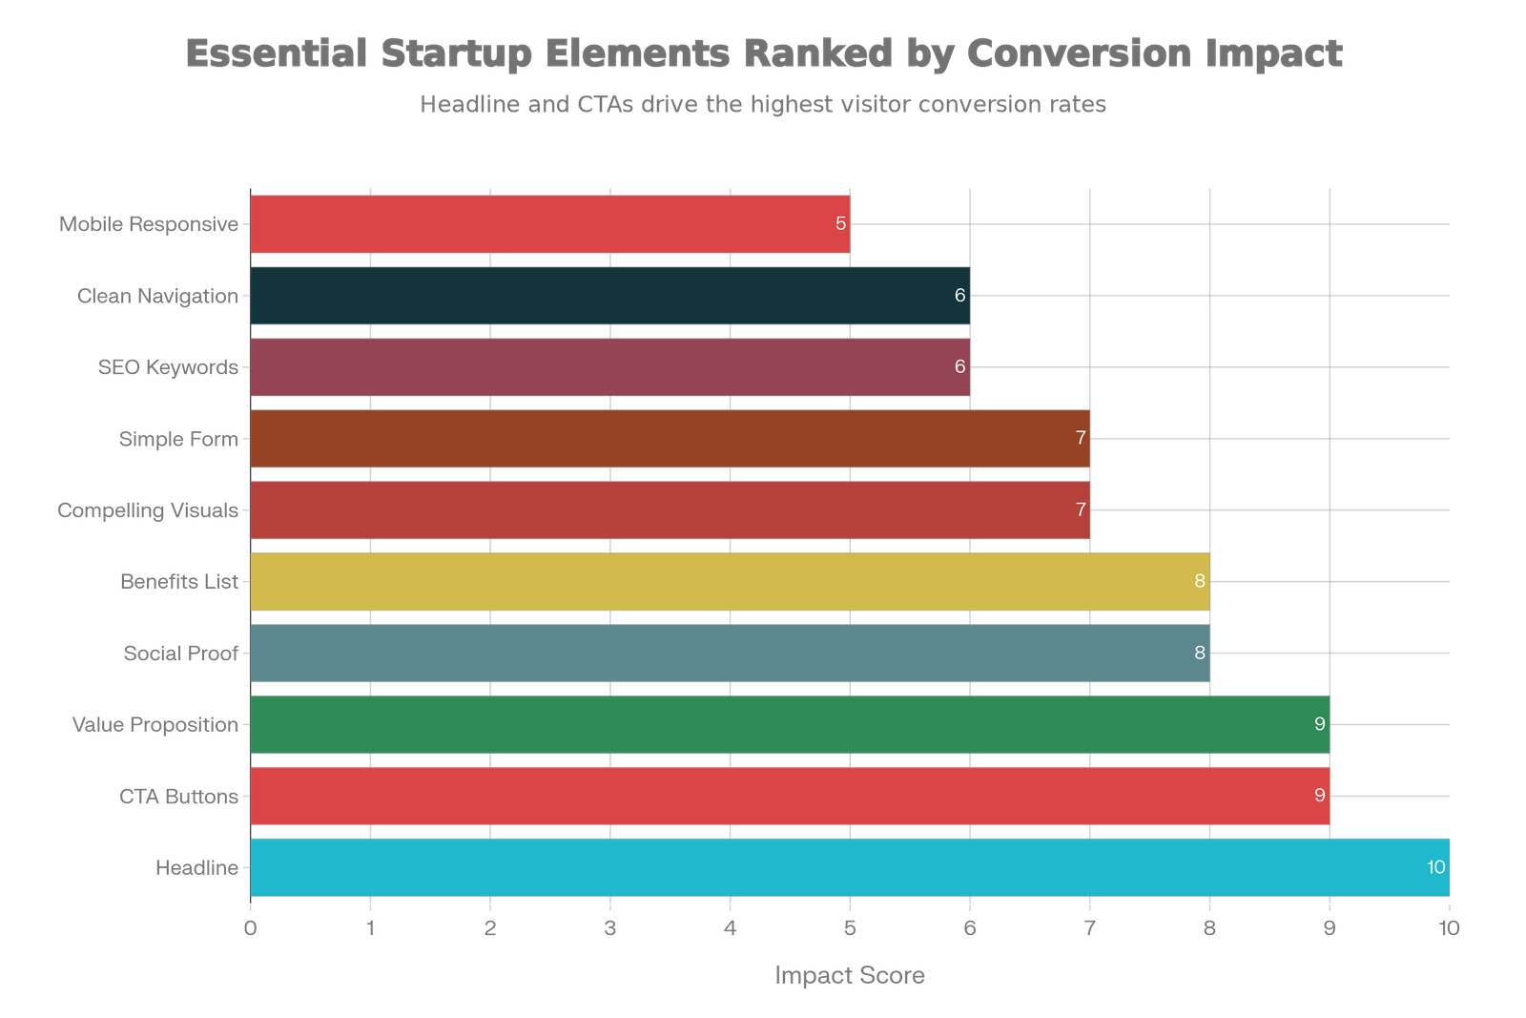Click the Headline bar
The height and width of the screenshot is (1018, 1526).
pos(849,867)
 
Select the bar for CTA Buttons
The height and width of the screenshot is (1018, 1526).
pos(790,796)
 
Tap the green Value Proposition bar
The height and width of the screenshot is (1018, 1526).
pos(790,724)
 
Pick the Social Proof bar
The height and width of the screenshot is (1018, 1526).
pos(730,653)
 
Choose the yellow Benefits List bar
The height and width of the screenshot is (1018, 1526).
pos(730,581)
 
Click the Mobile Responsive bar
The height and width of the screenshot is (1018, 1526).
pos(549,224)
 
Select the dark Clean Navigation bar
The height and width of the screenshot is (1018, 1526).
pos(609,296)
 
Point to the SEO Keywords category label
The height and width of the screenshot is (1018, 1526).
pos(168,367)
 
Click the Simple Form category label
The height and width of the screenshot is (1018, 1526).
pos(178,439)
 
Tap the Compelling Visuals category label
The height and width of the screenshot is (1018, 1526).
pos(148,510)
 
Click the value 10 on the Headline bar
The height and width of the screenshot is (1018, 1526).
pos(1435,867)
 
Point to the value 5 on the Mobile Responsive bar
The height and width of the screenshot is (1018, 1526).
pos(840,224)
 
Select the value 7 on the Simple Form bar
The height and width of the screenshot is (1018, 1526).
pos(1081,439)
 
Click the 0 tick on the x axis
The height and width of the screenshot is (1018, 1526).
pos(251,929)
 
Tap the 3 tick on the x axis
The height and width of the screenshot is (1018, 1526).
pos(610,929)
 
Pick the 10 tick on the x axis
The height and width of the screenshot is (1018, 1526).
pos(1449,929)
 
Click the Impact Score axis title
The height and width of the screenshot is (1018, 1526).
pos(849,975)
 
